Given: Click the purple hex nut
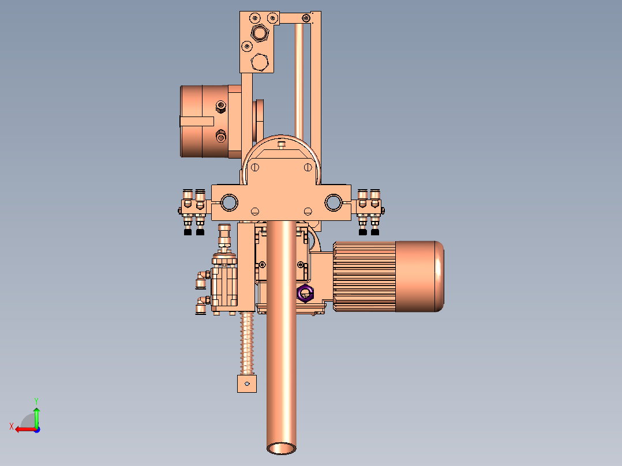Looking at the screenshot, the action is pos(305,294).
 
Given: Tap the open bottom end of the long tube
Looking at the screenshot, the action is pos(281,449).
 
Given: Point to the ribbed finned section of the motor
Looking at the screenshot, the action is pos(365,276).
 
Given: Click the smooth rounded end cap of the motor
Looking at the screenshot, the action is pos(419,276).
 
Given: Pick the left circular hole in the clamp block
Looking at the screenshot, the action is pos(229,202).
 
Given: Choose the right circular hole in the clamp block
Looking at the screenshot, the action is pos(334,202).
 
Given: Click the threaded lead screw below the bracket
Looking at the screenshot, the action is pos(247,344).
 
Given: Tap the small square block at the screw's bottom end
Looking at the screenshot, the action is pos(247,384).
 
